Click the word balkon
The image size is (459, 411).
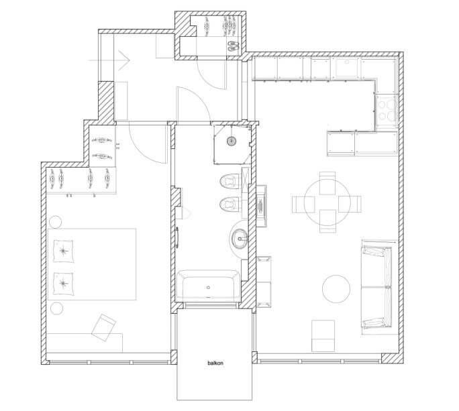coord(215,363)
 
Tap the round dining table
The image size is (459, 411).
coord(327,202)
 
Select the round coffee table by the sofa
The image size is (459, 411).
coord(336,289)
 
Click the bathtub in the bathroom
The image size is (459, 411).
coord(208,286)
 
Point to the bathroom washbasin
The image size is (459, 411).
coord(240,239)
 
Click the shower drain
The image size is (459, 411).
coord(232,141)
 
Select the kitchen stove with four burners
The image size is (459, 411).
coord(387,111)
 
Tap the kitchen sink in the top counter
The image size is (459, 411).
coord(346,68)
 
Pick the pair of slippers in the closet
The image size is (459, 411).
coord(234,46)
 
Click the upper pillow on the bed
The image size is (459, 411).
coord(63,251)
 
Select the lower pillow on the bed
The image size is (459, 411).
coord(63,284)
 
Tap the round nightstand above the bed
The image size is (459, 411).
coord(55,221)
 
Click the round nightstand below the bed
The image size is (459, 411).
coord(56,308)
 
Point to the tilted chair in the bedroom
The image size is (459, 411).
coord(104,327)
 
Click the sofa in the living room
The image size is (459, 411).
coord(376,287)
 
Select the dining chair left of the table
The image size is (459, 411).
coord(303,204)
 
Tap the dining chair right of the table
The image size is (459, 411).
coord(350,204)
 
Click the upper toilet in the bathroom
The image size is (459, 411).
coord(231,181)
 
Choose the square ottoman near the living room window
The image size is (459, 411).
coord(323,335)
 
